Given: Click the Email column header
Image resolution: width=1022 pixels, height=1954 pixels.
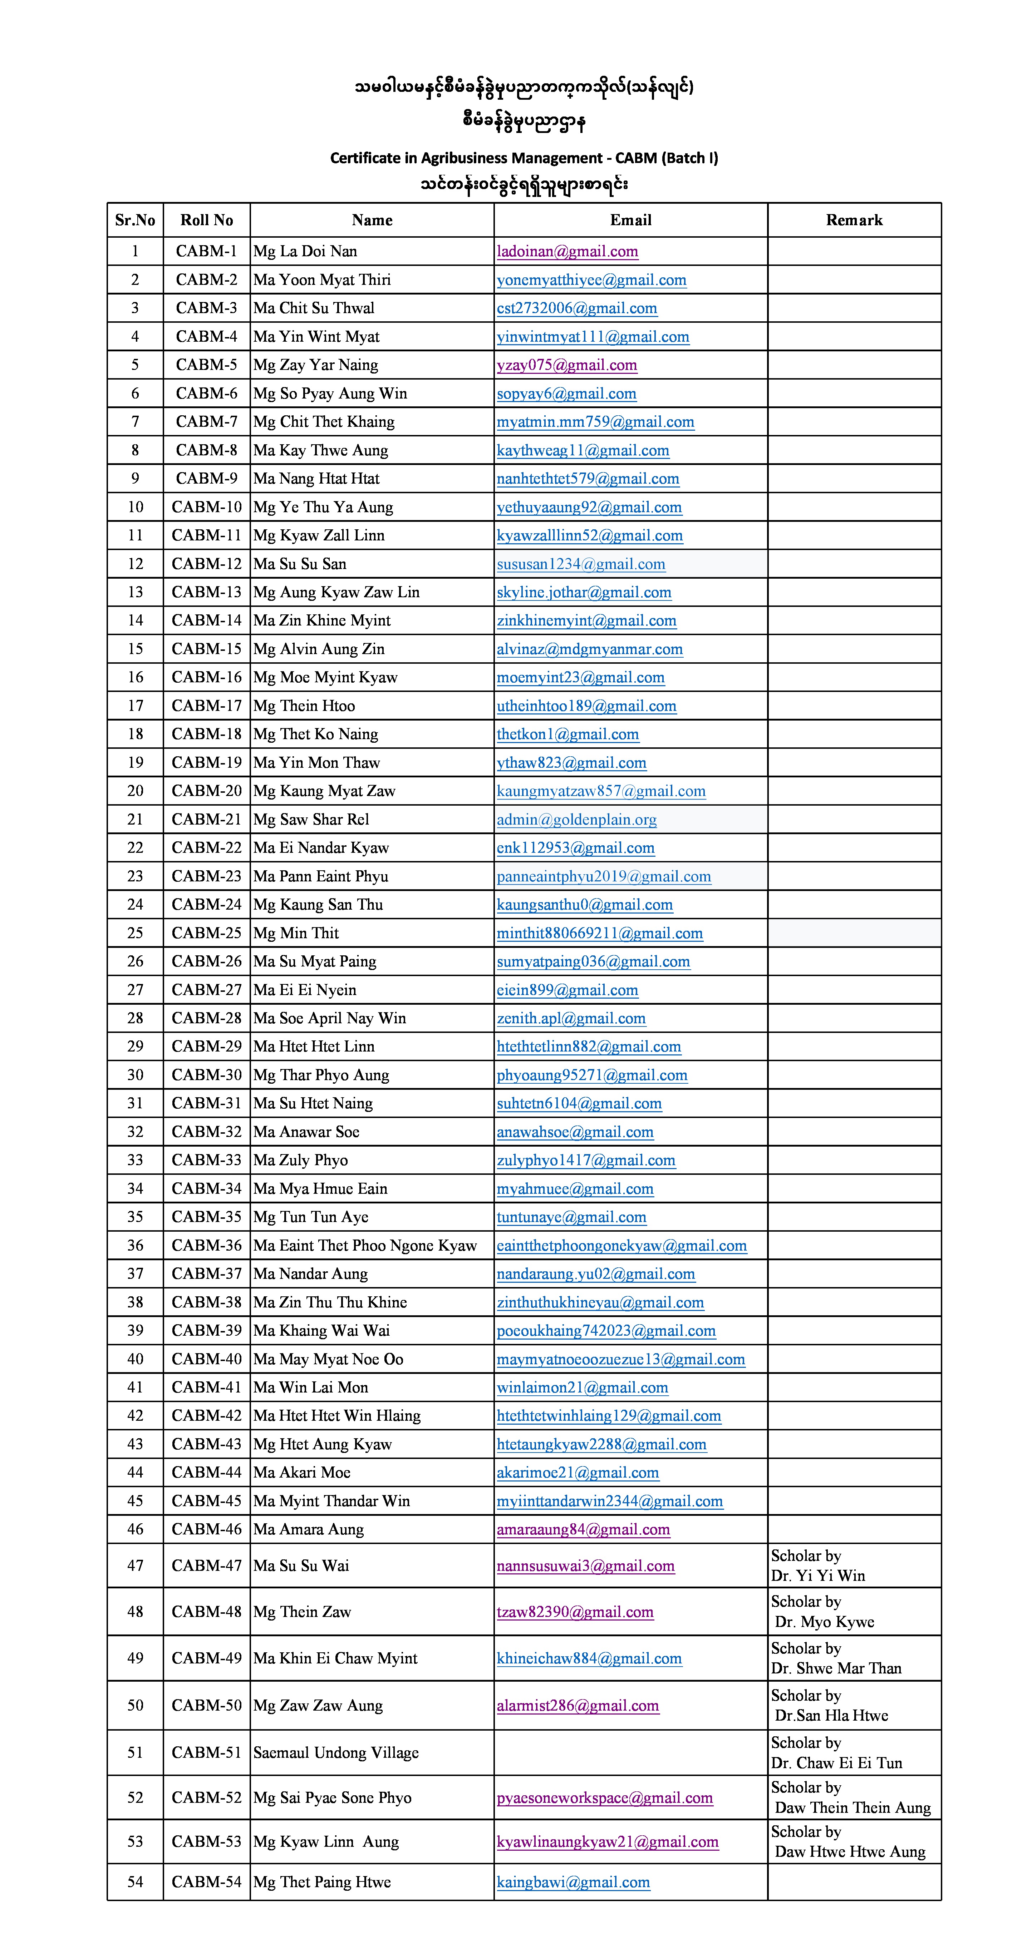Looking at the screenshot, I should click(630, 220).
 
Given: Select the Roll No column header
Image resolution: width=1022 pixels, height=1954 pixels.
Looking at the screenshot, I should click(206, 220).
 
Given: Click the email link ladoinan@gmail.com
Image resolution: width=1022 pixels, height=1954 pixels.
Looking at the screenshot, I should click(567, 251).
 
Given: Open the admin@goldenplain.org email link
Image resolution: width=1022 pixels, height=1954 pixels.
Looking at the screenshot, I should click(577, 819).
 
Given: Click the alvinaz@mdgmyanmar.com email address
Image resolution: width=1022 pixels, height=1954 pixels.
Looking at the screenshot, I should click(590, 649).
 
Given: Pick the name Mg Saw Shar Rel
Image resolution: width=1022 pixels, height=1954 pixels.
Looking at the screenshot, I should click(311, 819).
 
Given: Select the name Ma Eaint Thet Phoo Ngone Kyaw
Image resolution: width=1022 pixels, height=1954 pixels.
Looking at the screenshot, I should click(365, 1246).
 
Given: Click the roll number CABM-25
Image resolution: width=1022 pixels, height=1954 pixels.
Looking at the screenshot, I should click(206, 933).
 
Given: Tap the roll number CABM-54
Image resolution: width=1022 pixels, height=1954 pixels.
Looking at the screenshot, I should click(206, 1882).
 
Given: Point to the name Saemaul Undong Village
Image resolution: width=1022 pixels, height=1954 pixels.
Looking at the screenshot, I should click(336, 1752).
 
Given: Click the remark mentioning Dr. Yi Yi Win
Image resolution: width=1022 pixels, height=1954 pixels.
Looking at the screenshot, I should click(818, 1565).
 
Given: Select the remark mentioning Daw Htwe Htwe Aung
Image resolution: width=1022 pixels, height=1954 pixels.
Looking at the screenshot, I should click(850, 1842).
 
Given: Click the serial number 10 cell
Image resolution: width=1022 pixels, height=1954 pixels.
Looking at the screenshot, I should click(135, 507).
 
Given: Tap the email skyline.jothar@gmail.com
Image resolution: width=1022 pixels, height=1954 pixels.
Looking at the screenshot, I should click(584, 592).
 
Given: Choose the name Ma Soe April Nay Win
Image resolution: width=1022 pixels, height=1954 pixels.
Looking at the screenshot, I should click(329, 1018).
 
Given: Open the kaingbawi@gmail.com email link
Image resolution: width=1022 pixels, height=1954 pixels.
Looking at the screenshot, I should click(573, 1882).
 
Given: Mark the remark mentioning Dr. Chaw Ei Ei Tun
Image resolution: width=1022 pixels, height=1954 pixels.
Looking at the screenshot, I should click(836, 1752).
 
